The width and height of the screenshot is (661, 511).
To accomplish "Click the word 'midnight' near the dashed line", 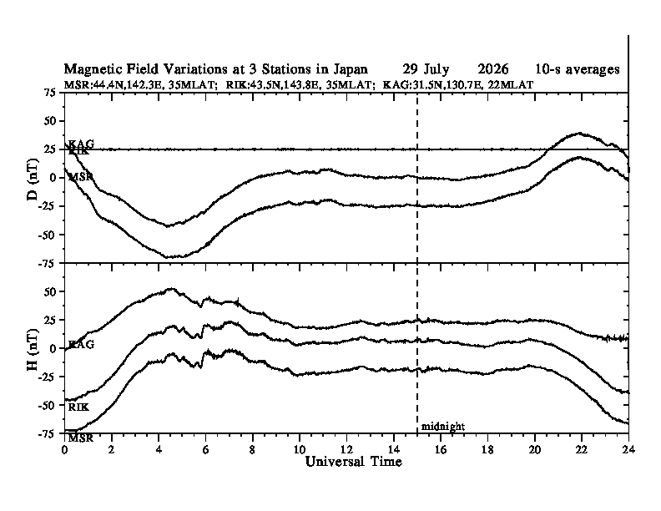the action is pyautogui.click(x=443, y=427).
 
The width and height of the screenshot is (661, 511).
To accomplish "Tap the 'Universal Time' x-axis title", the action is pyautogui.click(x=353, y=461).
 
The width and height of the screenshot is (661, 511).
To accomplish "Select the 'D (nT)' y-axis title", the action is pyautogui.click(x=33, y=180).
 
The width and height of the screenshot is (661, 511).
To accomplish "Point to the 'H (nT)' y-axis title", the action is pyautogui.click(x=33, y=350).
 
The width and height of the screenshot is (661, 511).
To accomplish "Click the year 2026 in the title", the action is pyautogui.click(x=492, y=68).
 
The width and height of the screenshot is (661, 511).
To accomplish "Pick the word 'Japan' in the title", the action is pyautogui.click(x=351, y=69).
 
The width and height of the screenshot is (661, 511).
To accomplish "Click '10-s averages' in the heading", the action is pyautogui.click(x=578, y=69).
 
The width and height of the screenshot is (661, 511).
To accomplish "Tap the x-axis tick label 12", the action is pyautogui.click(x=346, y=449).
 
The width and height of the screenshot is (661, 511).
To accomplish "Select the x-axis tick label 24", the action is pyautogui.click(x=628, y=449).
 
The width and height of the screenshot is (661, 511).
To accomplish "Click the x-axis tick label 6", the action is pyautogui.click(x=205, y=449).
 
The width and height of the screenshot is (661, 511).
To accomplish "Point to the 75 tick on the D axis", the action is pyautogui.click(x=51, y=93).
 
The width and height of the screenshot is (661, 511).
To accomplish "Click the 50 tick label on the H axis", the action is pyautogui.click(x=51, y=291).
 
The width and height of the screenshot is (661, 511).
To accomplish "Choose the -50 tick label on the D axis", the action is pyautogui.click(x=48, y=235).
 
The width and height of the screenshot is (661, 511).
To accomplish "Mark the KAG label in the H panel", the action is pyautogui.click(x=81, y=345).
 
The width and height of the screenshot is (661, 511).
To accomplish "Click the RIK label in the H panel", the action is pyautogui.click(x=78, y=407).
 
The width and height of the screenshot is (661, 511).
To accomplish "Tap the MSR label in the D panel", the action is pyautogui.click(x=80, y=177).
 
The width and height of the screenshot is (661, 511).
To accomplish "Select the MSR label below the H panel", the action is pyautogui.click(x=80, y=438).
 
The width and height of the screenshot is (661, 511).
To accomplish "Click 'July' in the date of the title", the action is pyautogui.click(x=436, y=69).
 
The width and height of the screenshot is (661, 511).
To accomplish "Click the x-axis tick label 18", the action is pyautogui.click(x=487, y=449).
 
